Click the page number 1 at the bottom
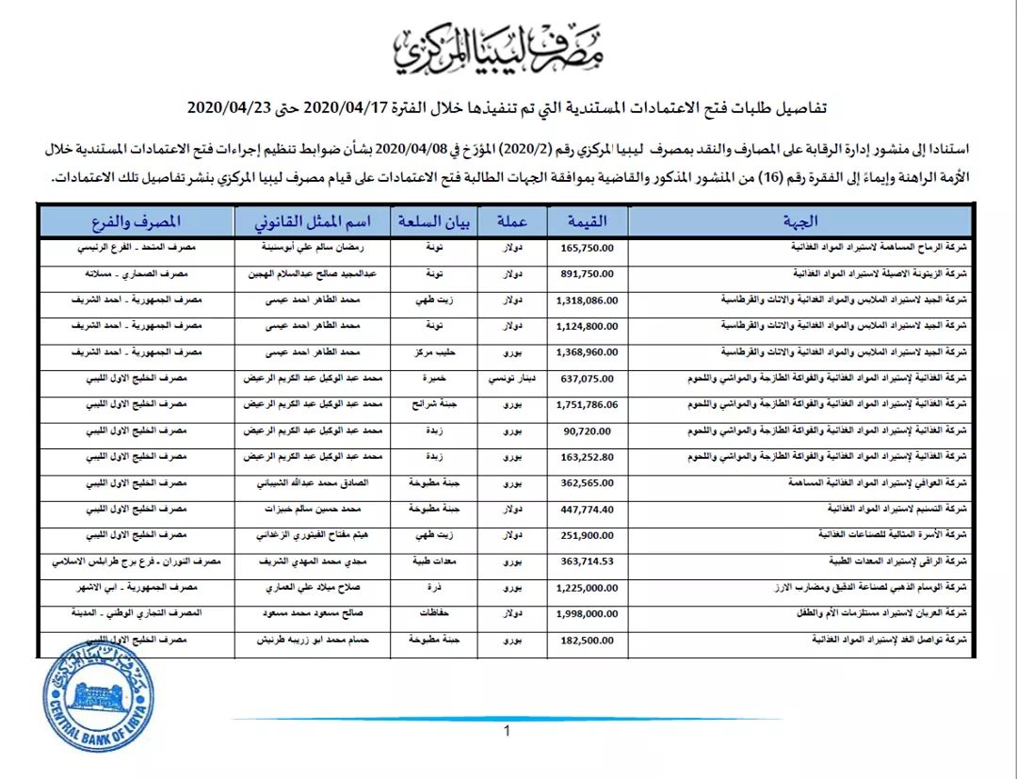pos(507,732)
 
